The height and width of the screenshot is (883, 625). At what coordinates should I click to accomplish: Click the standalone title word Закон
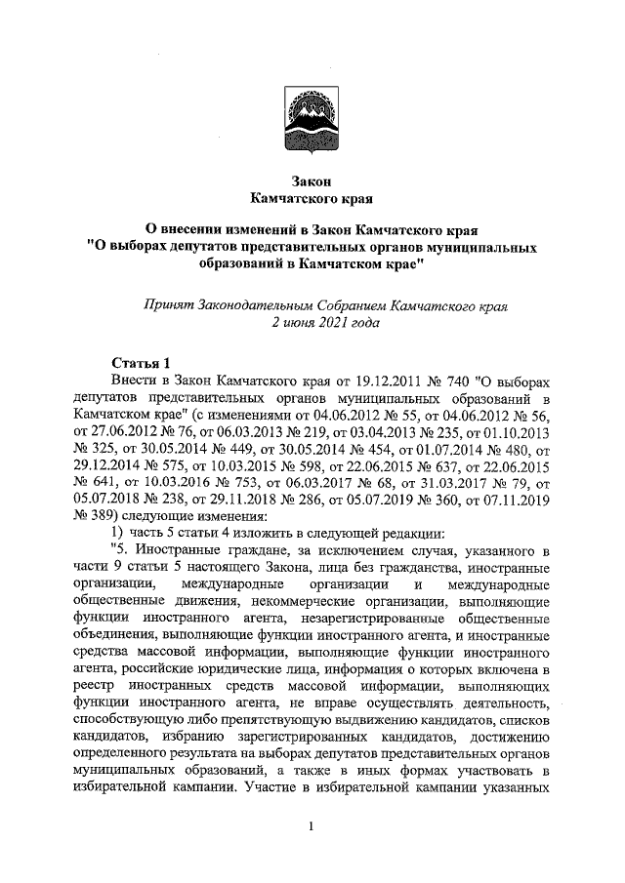[x=312, y=181]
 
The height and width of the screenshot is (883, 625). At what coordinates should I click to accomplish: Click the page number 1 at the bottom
[x=311, y=828]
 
